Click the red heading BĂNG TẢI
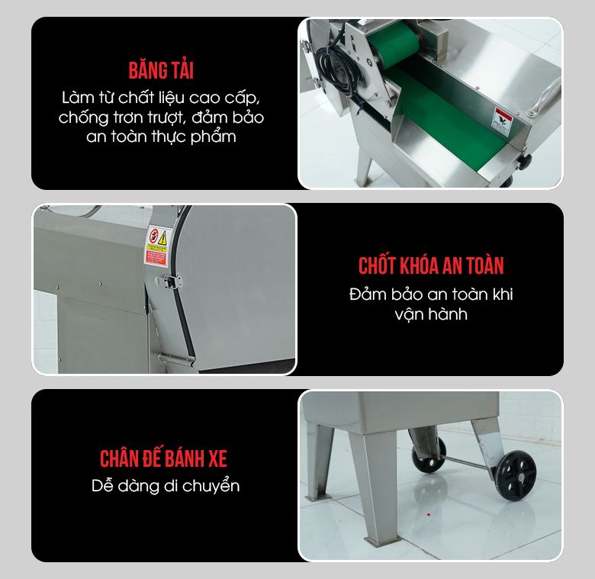[161, 71]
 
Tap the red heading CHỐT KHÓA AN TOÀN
[431, 265]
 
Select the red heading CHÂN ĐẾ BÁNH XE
[163, 458]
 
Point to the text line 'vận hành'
[432, 314]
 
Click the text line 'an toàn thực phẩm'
[161, 137]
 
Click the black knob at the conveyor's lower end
[526, 161]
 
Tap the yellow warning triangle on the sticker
[162, 236]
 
